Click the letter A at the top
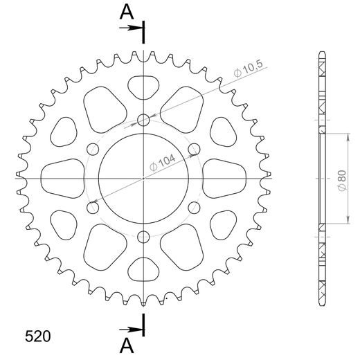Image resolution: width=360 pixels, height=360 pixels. (x=126, y=12)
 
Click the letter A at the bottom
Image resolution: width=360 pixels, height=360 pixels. (x=126, y=344)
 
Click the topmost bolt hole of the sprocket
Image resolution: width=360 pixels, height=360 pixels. (x=143, y=120)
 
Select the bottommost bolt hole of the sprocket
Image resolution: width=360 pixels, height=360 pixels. (x=143, y=236)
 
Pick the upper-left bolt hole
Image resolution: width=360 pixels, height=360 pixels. (x=93, y=149)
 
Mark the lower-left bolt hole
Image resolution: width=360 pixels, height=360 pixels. (x=93, y=207)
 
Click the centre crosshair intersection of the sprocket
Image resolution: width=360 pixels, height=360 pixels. (x=143, y=178)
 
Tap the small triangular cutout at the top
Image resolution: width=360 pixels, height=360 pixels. (x=143, y=89)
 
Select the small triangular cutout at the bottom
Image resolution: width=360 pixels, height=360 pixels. (x=143, y=268)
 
